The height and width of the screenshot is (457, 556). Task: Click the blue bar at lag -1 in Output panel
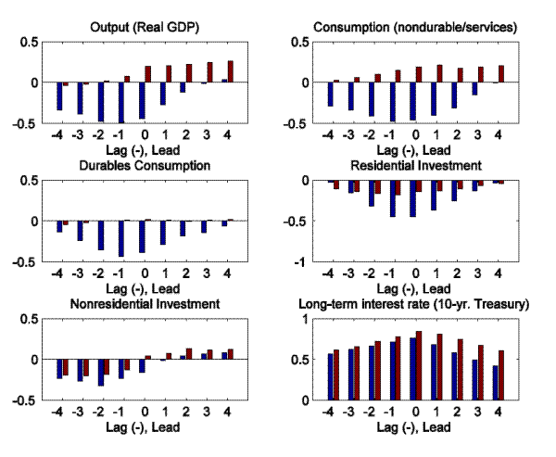coord(120,102)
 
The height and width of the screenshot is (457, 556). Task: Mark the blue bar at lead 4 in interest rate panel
coord(497,382)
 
